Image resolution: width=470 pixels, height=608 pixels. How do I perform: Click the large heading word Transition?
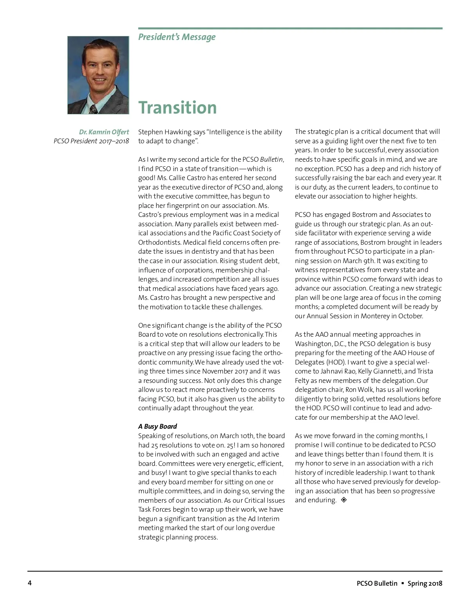tap(177, 108)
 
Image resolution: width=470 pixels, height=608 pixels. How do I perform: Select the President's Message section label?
tap(177, 37)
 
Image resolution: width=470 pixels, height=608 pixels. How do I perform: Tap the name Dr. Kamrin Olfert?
tap(104, 132)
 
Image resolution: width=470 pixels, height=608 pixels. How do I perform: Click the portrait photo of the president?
tap(98, 75)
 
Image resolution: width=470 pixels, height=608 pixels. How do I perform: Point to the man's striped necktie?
tap(93, 108)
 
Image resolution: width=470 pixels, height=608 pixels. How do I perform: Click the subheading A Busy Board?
tap(157, 426)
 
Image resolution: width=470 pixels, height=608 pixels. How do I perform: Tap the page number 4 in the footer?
tap(30, 583)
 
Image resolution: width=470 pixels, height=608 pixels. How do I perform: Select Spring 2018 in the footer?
tap(425, 583)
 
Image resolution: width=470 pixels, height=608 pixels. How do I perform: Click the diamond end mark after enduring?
tap(344, 500)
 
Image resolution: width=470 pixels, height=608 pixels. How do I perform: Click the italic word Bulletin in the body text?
tap(271, 159)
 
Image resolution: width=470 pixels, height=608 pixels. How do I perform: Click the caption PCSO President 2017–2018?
tap(91, 141)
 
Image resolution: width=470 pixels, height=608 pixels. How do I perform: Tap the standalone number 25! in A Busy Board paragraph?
tap(230, 445)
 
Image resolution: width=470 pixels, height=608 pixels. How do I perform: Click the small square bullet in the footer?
tap(403, 583)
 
